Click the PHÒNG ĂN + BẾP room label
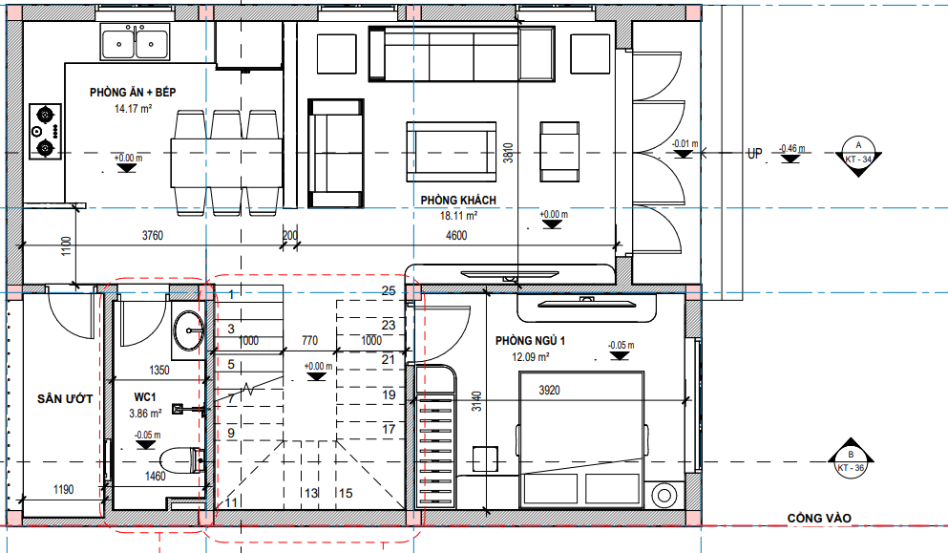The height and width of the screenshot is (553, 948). pos(133,92)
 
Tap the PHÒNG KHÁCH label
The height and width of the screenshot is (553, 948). pos(458,201)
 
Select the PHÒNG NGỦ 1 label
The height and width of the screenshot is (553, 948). pos(530,341)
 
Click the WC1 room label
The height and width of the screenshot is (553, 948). pos(145,397)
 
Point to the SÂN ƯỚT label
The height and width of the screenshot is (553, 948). pos(65,398)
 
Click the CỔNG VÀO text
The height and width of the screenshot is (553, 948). pos(819,518)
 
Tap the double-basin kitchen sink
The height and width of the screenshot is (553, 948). pos(135,43)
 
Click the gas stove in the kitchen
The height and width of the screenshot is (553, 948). pos(45,131)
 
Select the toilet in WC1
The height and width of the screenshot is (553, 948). pos(180,459)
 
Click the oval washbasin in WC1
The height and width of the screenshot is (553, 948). pos(189,330)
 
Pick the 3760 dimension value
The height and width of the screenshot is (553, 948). pos(153,235)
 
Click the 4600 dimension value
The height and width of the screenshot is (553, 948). pos(456,235)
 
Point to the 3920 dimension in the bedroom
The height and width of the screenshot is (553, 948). pos(549,391)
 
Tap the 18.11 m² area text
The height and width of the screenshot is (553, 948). pos(459,216)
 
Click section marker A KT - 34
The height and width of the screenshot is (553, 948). pos(858,155)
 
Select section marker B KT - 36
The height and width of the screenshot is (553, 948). pos(851,461)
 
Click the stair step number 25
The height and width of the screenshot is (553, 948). pos(389,291)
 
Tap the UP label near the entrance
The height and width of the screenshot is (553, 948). pos(754,154)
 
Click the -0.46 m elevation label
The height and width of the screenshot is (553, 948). pos(792,148)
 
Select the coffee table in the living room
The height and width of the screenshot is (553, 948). pos(451,151)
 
